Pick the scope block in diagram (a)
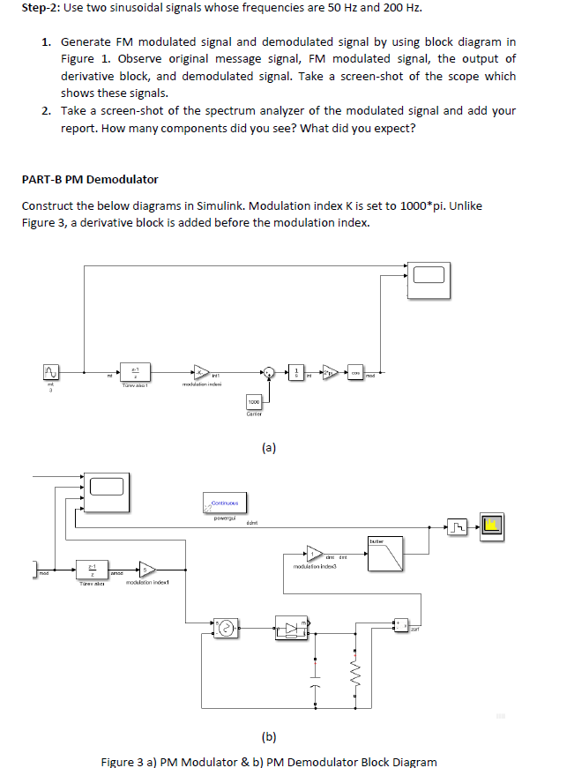(429, 274)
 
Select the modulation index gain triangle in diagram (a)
(202, 371)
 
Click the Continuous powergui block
(225, 503)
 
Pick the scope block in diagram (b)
(104, 486)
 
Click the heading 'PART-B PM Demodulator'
(90, 179)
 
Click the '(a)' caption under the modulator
(268, 447)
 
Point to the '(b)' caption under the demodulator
(268, 734)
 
